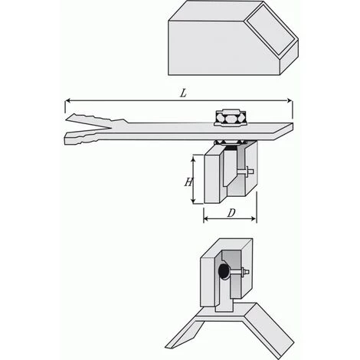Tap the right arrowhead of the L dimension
tap(291, 100)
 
